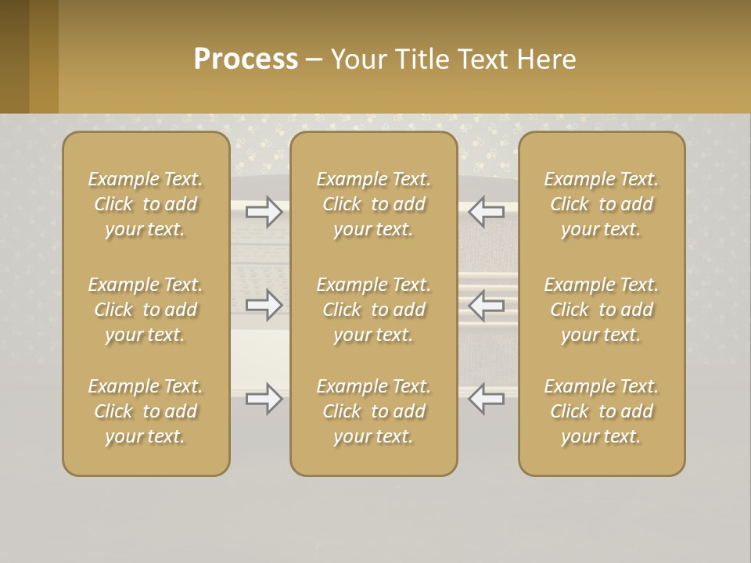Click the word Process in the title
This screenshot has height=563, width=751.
pyautogui.click(x=246, y=59)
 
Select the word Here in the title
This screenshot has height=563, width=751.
pyautogui.click(x=547, y=59)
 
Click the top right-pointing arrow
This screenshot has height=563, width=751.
pyautogui.click(x=264, y=212)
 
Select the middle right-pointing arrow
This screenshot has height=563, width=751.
pyautogui.click(x=264, y=305)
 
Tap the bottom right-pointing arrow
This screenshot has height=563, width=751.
pyautogui.click(x=264, y=399)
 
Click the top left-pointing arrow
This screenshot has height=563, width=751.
pyautogui.click(x=487, y=212)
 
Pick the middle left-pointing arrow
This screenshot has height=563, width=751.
pyautogui.click(x=487, y=305)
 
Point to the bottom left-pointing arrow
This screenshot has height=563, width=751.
pyautogui.click(x=487, y=399)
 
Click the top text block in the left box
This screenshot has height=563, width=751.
pyautogui.click(x=146, y=204)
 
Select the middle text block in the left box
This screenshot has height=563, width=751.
pyautogui.click(x=146, y=310)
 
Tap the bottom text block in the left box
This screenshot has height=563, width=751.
pyautogui.click(x=146, y=411)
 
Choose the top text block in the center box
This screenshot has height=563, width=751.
pyautogui.click(x=374, y=204)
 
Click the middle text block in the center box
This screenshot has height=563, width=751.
pyautogui.click(x=374, y=310)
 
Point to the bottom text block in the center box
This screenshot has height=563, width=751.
pyautogui.click(x=374, y=411)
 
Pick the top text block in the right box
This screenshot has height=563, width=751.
pyautogui.click(x=602, y=204)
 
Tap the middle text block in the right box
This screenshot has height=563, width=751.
pyautogui.click(x=602, y=310)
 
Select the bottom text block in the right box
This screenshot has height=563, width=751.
pyautogui.click(x=602, y=411)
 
